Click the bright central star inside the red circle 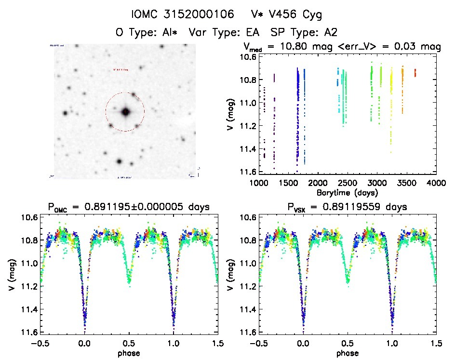[125, 112]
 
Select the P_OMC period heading [129, 208]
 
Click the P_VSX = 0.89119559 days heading [347, 208]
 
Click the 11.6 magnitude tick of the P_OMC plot [29, 333]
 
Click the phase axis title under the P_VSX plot [347, 353]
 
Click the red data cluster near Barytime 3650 [415, 73]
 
